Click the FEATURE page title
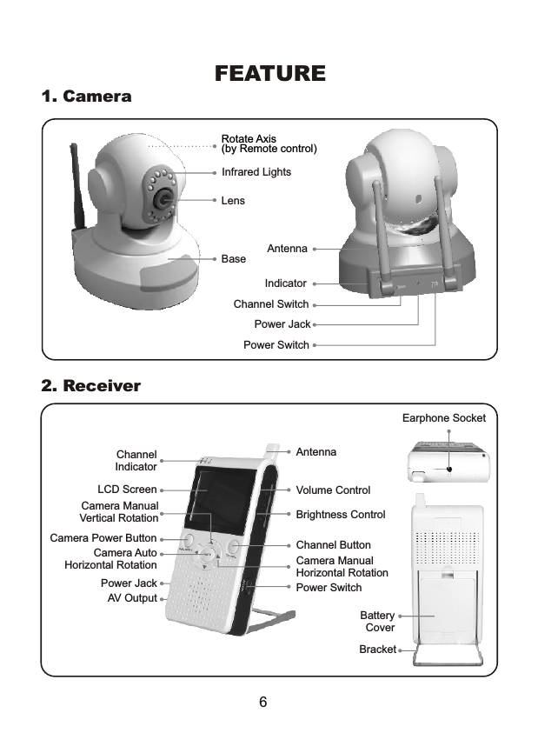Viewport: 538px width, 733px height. [x=269, y=74]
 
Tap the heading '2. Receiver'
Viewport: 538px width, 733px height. [x=91, y=385]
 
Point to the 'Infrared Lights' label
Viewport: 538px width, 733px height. [x=256, y=172]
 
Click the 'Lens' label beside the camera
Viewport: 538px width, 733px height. [x=233, y=201]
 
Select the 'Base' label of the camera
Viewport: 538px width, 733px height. [x=234, y=259]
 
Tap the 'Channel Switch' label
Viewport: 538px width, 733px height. [x=271, y=304]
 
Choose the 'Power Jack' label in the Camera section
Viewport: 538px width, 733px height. [x=282, y=324]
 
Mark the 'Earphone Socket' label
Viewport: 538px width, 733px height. [x=443, y=418]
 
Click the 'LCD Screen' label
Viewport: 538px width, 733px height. [x=127, y=490]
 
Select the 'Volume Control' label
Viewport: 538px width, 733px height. [x=333, y=490]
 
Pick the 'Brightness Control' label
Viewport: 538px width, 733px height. [x=340, y=515]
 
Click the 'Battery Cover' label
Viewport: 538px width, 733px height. [x=379, y=622]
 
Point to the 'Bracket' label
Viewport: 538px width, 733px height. [x=377, y=650]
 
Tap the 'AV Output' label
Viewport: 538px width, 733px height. [x=132, y=598]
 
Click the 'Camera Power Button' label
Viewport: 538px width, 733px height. [x=103, y=538]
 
